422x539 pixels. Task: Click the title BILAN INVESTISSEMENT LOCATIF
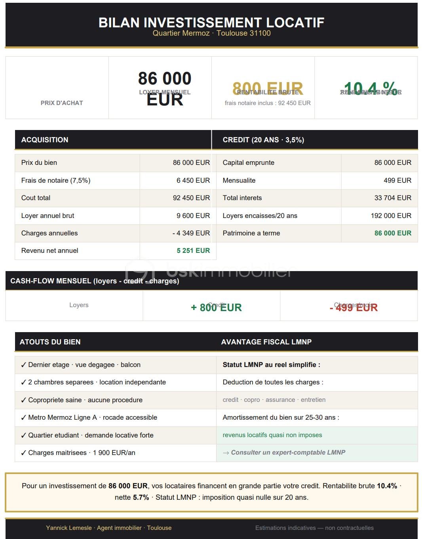[211, 23]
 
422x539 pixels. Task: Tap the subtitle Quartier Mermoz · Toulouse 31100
[211, 33]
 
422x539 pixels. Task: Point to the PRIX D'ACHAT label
[62, 103]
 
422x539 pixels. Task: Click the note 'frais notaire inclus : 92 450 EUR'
[268, 103]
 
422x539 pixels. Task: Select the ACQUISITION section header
[45, 140]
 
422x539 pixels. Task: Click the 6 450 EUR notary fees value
[193, 180]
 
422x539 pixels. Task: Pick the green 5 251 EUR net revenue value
[193, 250]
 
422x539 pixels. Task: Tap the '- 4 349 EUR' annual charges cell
[191, 233]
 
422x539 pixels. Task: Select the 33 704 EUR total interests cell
[393, 198]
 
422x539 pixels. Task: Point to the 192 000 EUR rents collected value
[391, 216]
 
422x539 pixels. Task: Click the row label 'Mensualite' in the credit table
[239, 180]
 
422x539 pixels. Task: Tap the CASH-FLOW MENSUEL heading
[95, 281]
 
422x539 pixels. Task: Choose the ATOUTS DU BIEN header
[50, 342]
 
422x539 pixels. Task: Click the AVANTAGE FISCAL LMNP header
[266, 342]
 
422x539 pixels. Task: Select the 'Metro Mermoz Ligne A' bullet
[89, 417]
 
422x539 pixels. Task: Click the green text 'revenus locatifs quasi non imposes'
[272, 435]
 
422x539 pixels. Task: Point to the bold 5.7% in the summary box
[141, 497]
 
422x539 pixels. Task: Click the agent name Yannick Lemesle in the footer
[69, 528]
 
